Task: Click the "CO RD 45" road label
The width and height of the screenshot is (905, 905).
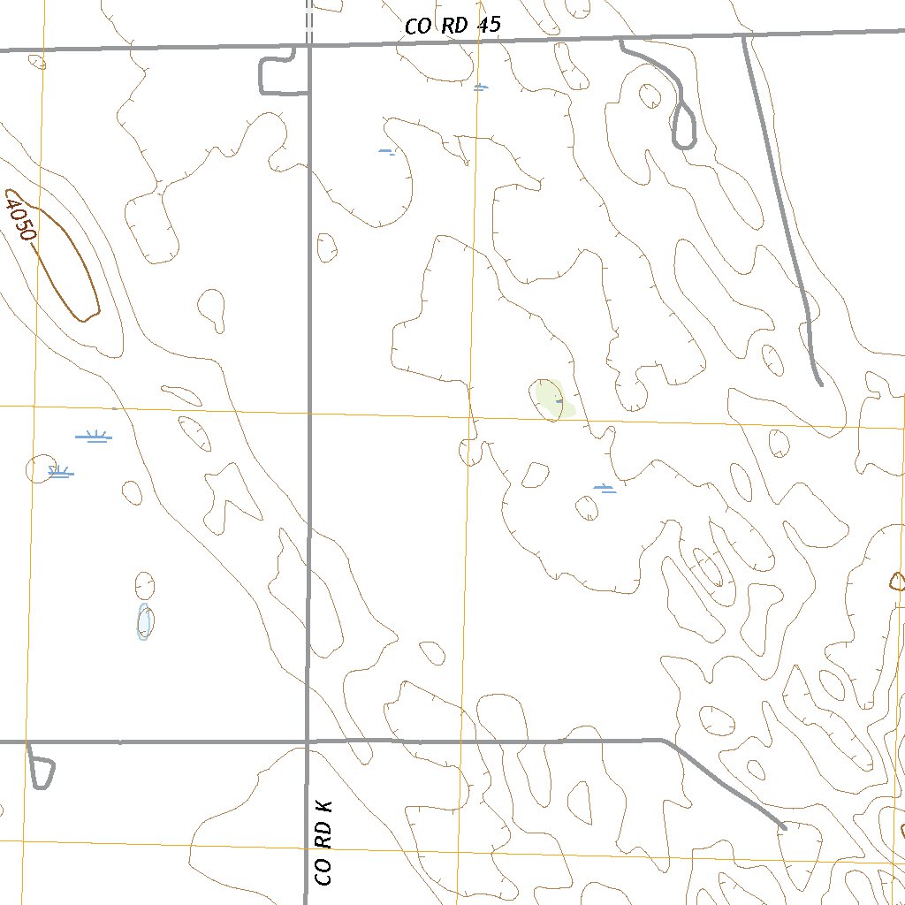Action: click(452, 26)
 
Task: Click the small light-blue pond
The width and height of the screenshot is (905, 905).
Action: click(144, 621)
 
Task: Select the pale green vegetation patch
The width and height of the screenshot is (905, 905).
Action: click(552, 399)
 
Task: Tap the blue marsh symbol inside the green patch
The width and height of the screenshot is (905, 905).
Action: click(559, 400)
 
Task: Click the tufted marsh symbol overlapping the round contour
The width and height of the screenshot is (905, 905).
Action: click(60, 472)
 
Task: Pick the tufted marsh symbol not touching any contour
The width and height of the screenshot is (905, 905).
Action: click(94, 437)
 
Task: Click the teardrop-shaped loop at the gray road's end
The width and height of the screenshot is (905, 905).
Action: click(684, 126)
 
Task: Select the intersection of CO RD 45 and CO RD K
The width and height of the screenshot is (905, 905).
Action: click(309, 45)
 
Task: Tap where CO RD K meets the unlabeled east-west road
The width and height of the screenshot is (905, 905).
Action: click(307, 741)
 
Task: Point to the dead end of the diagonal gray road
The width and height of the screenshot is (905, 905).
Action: click(784, 827)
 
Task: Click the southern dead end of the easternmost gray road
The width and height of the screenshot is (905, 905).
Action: click(821, 384)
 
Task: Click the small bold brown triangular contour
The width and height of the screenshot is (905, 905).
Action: click(897, 581)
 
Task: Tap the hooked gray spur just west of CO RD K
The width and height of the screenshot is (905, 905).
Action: click(274, 75)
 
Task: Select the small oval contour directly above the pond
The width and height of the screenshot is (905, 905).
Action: click(144, 584)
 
